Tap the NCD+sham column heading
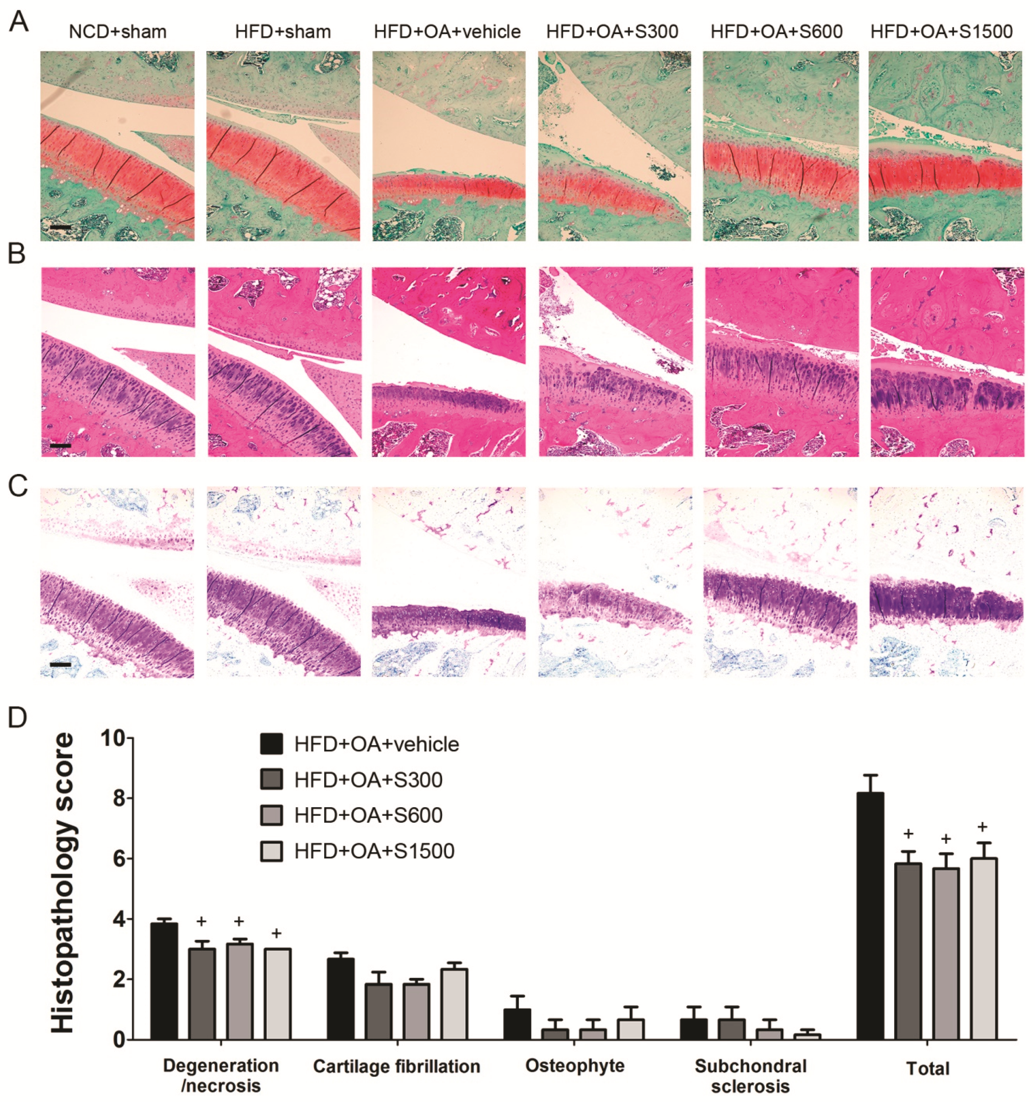(117, 32)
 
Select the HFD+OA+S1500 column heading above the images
(941, 32)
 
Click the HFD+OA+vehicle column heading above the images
(447, 32)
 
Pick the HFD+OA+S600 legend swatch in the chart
(271, 815)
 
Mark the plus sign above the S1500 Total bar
(982, 827)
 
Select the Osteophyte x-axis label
(575, 1065)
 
